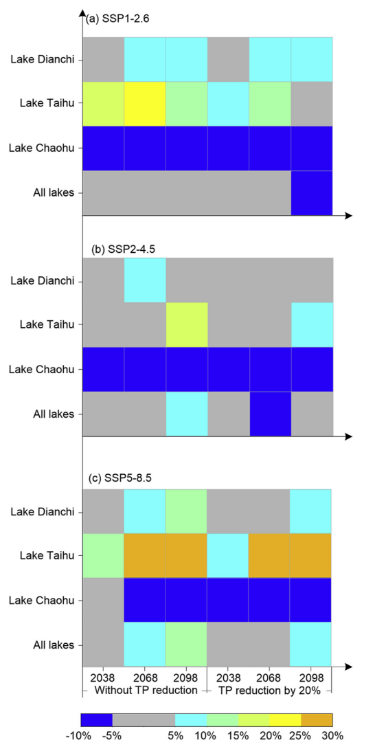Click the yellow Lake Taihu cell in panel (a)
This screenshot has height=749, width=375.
pyautogui.click(x=145, y=104)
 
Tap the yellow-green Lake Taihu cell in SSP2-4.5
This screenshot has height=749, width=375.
pyautogui.click(x=187, y=325)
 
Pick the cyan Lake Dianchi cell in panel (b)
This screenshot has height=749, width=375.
pyautogui.click(x=145, y=280)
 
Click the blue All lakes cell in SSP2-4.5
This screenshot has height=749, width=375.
pyautogui.click(x=271, y=414)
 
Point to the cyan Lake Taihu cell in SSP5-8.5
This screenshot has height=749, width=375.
pyautogui.click(x=228, y=555)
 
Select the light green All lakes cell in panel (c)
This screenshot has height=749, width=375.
pyautogui.click(x=186, y=645)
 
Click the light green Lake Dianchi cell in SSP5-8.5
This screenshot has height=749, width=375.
pyautogui.click(x=186, y=512)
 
